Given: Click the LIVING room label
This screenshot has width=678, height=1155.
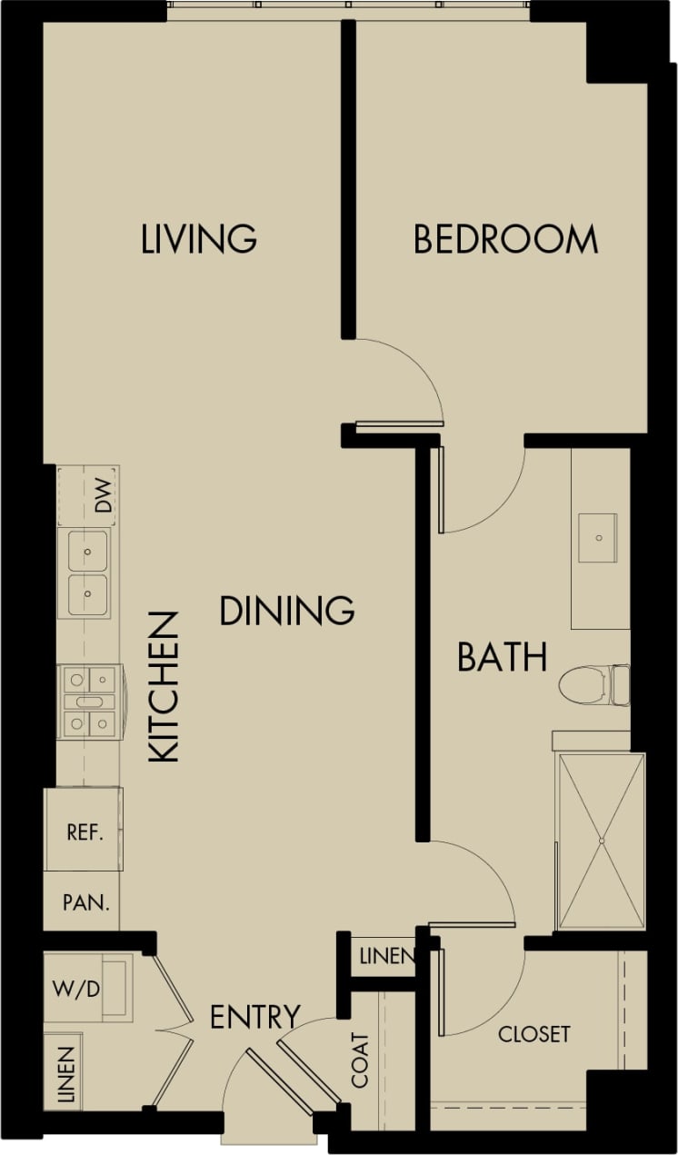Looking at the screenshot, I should pos(199,238).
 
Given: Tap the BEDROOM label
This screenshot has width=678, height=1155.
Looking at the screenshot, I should pos(505,239).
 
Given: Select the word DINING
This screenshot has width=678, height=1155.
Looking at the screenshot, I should pos(286,610).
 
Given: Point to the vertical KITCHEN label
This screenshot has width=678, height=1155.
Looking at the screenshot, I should pos(164,687).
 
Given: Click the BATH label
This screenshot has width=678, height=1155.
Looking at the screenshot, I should pos(502,656).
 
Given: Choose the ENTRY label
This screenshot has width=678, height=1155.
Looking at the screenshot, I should pos(254,1017).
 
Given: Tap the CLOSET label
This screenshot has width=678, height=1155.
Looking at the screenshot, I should pos(533,1033).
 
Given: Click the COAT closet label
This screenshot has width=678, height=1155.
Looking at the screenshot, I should pos(361,1060).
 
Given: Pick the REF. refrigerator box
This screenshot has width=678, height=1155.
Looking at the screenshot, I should pos(84,831).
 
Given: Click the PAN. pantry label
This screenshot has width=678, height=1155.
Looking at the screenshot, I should pos(86,903).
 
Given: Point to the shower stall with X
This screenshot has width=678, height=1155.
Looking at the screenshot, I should pos(600,841).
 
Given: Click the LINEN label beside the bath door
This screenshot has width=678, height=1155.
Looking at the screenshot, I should pos(386,956).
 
